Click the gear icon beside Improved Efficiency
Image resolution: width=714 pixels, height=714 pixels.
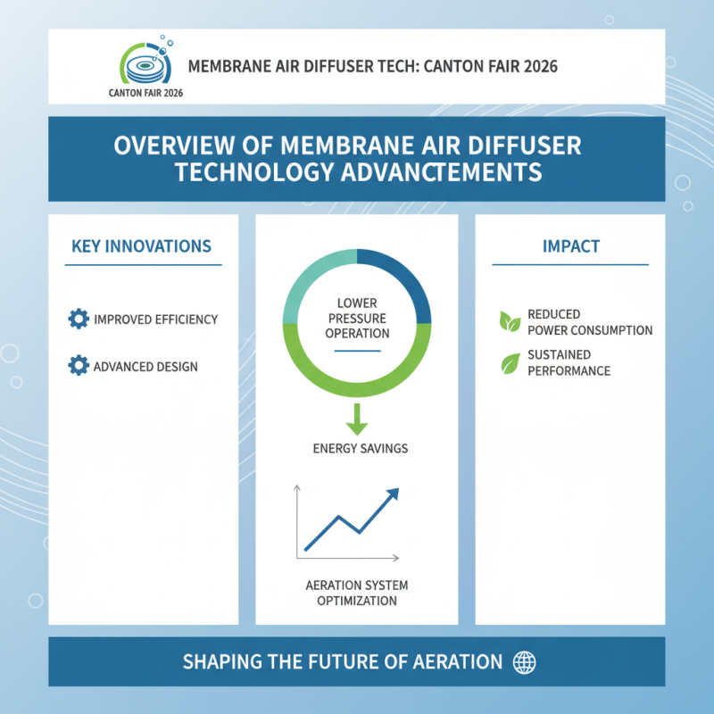[x=79, y=319]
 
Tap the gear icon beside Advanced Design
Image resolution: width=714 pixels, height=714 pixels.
[x=79, y=365]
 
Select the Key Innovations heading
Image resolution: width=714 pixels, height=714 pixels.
[x=141, y=246]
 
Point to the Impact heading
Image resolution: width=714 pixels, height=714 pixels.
[x=571, y=246]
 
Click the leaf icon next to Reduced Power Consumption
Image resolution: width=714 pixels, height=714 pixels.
[x=510, y=321]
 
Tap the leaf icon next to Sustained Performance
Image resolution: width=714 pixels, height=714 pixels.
[x=510, y=362]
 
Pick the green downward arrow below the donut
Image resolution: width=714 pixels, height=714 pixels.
[x=357, y=417]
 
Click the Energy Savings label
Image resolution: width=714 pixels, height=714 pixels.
[x=361, y=448]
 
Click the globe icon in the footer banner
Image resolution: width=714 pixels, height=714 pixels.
[x=523, y=662]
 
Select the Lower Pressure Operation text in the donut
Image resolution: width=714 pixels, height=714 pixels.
[x=357, y=319]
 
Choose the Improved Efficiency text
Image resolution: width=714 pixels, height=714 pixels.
[x=155, y=320]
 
